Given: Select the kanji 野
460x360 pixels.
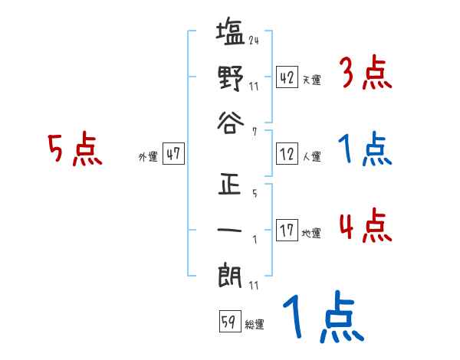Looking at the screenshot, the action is (230, 79).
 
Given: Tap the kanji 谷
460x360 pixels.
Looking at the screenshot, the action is (230, 122).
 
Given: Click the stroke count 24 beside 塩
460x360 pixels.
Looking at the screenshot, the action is (254, 41).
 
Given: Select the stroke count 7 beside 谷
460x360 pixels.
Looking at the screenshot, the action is (254, 132).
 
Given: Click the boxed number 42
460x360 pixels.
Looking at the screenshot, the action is (287, 77).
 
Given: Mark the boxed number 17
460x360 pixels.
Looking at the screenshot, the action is (287, 230).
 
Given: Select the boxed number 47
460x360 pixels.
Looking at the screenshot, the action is (173, 154).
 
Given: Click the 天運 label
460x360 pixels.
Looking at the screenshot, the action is (312, 80).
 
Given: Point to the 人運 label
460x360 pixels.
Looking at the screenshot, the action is (312, 156).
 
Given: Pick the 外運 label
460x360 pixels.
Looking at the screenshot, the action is (147, 156).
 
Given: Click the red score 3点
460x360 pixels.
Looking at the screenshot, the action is (367, 75).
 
